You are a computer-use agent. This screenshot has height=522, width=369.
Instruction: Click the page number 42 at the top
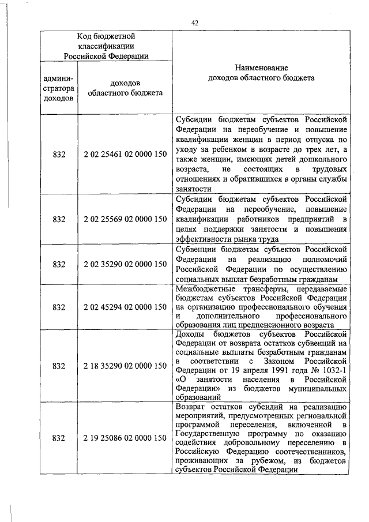point(194,22)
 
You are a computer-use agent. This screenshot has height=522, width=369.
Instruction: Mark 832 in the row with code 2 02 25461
point(58,155)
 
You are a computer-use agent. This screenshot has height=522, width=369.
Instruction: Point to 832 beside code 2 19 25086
point(58,438)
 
